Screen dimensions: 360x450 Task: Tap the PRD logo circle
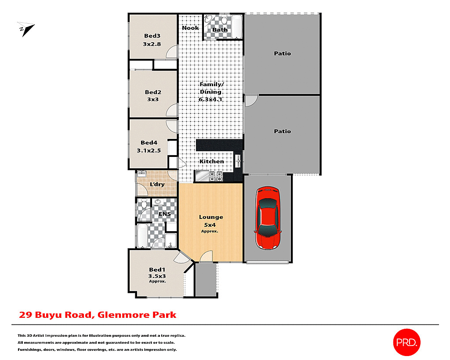coord(406,342)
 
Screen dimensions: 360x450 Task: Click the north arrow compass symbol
coord(26,29)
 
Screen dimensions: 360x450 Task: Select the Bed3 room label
coord(152,36)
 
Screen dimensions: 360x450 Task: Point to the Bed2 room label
coord(153,92)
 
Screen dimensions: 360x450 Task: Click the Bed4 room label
coord(149,142)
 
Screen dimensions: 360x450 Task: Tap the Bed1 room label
coord(157,269)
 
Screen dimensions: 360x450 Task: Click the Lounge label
coord(211,217)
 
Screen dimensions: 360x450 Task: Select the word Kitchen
coord(212,161)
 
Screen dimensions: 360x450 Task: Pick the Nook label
coord(190,28)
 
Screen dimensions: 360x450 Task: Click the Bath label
coord(220,30)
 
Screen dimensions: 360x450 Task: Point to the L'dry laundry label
coord(157,184)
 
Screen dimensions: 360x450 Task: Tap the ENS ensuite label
coord(165,214)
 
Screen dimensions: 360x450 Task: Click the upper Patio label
coord(282,54)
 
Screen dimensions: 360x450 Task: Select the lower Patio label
coord(282,131)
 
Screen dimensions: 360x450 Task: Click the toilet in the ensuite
coord(142,205)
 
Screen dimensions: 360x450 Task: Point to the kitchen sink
coord(238,160)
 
